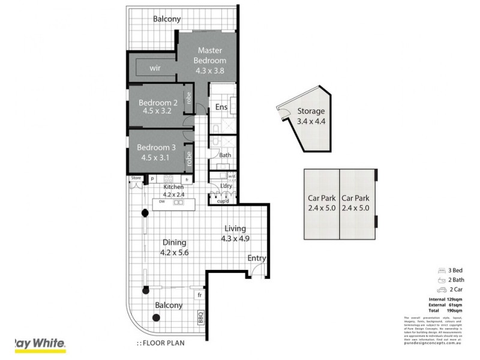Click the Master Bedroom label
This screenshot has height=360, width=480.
coord(211,55)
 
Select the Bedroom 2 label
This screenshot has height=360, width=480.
coord(158,103)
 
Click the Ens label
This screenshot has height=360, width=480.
coord(220,107)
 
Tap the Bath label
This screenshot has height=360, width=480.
coord(225,155)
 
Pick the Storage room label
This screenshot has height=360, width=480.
coord(311,111)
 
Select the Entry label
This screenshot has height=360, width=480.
coord(256,258)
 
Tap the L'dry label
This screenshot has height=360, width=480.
coord(226,186)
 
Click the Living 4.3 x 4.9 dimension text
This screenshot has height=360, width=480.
coord(235,238)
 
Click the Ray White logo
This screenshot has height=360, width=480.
coord(39,344)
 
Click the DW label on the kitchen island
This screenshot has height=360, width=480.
coord(162,202)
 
